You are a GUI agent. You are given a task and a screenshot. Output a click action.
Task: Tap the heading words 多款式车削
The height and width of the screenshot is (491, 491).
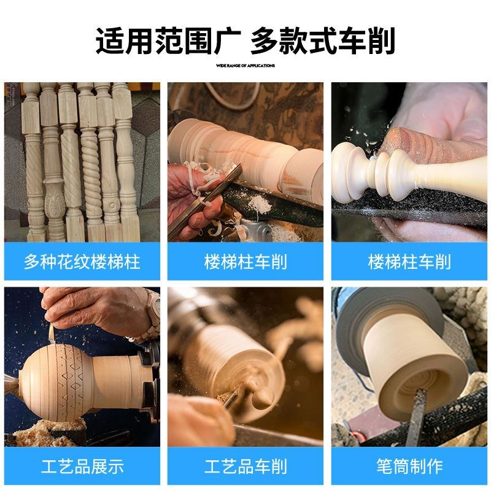tap(323, 41)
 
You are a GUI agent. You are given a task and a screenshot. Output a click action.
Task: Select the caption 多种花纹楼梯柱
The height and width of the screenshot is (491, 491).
tap(82, 262)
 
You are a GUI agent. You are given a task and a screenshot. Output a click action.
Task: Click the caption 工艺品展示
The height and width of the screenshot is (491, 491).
tap(82, 466)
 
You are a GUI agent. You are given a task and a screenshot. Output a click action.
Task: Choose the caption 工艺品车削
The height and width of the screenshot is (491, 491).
tap(245, 466)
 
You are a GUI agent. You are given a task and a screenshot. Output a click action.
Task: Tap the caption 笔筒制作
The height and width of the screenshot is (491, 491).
tap(409, 466)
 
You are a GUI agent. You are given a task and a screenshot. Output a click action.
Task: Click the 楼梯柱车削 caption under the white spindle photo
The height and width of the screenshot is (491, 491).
tap(409, 262)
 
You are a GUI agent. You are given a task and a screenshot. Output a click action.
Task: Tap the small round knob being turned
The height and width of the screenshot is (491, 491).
tap(263, 397)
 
